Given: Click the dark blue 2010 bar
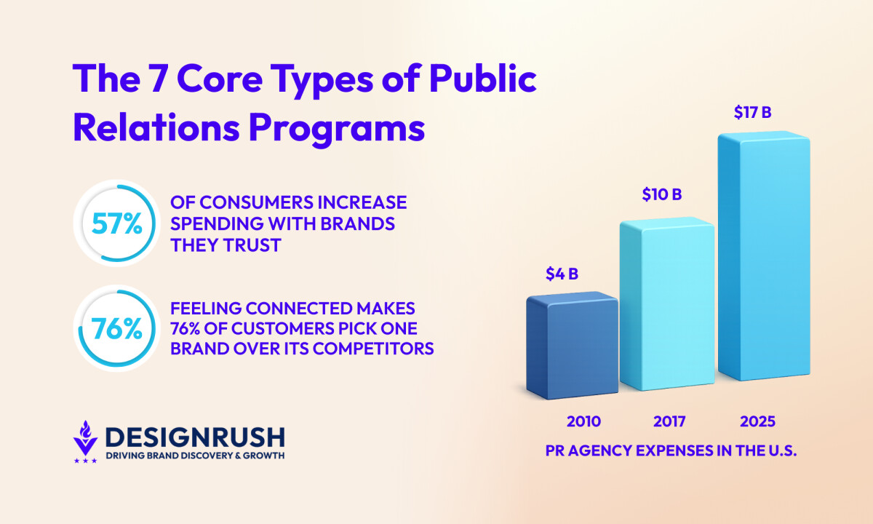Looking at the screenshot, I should coord(571,348).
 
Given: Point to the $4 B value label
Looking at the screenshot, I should coord(562,274).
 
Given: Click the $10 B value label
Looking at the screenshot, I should coord(661,194).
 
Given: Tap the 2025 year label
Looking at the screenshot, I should coord(758,421).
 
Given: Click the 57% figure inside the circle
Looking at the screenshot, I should coord(116,224).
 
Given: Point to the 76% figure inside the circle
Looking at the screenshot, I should coord(116,329).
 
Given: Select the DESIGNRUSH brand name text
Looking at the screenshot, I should coord(195,437).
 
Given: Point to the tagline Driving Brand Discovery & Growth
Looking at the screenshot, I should coord(195,456).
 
